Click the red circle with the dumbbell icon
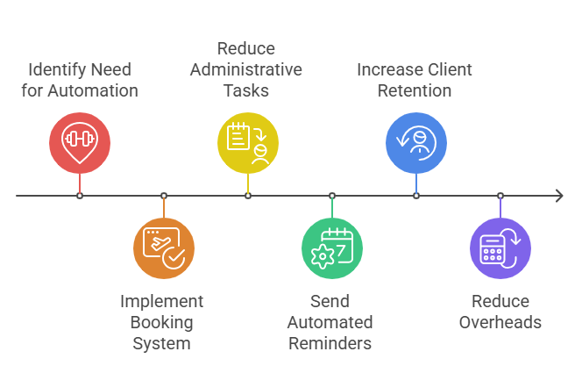[80, 141]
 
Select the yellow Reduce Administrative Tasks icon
[248, 141]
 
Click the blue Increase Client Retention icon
[416, 141]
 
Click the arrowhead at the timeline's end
[558, 195]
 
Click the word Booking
[161, 322]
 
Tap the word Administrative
[247, 68]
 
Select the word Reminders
[330, 343]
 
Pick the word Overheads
[500, 322]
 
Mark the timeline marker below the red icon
[80, 195]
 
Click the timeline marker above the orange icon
[163, 195]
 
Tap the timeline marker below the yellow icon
[248, 195]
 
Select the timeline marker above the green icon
[331, 195]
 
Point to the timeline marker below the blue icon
[416, 195]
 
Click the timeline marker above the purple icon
[500, 195]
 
